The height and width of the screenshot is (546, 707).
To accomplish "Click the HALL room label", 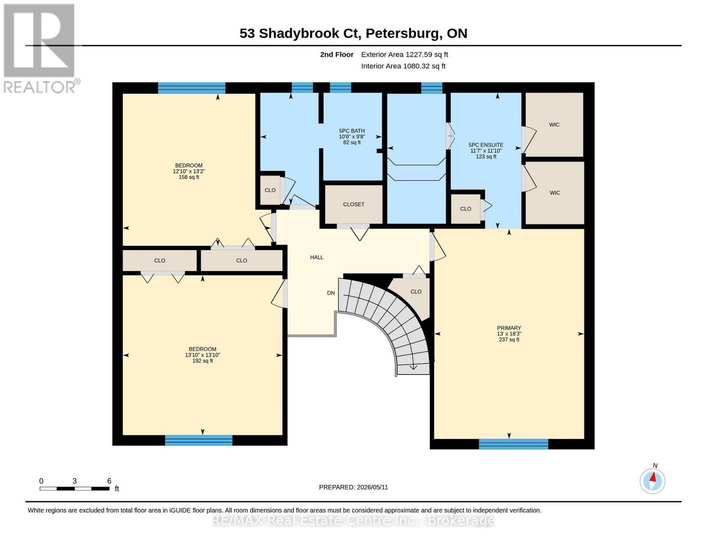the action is [316, 257].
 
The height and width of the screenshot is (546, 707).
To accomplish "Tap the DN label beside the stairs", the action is [331, 293].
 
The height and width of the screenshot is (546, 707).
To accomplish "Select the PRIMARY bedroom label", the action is [509, 328].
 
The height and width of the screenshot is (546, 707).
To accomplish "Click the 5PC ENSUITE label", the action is [486, 145].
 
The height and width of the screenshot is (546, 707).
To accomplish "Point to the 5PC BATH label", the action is [352, 131].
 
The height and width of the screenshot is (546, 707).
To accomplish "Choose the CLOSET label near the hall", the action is [353, 204].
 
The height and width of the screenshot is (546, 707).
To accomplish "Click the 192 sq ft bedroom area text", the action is [203, 361].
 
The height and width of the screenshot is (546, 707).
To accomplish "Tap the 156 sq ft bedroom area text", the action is [189, 177].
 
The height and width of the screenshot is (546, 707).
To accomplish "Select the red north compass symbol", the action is [652, 481].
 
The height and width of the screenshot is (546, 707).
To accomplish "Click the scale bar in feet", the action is [75, 488].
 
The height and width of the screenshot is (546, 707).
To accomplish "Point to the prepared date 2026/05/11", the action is [353, 487].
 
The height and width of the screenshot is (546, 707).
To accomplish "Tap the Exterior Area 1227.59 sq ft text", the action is [404, 55].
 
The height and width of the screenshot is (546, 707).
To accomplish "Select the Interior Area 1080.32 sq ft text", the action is [403, 66].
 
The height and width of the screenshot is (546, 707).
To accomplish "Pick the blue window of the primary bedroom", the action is [514, 444].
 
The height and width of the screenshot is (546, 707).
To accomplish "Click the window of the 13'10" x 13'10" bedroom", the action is [198, 440].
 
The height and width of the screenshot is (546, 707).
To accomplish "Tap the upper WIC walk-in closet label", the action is [554, 125].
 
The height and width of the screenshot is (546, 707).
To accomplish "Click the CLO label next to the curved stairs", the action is [416, 292].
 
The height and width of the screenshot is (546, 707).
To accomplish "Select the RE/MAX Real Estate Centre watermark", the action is [353, 521].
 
